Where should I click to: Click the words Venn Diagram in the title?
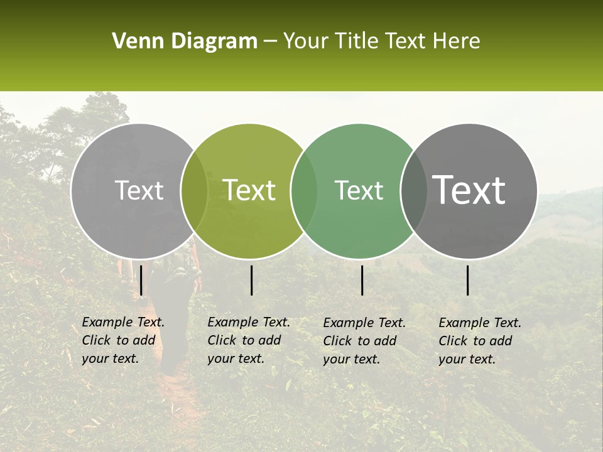(x=185, y=41)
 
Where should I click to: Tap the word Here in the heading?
(x=456, y=41)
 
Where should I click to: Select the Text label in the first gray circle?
(x=139, y=190)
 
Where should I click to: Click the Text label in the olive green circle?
(x=249, y=190)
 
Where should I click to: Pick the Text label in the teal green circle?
(x=359, y=190)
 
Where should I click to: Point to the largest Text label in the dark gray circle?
(x=469, y=190)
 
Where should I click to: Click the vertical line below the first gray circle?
(x=141, y=280)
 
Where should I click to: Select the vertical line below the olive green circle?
(x=251, y=280)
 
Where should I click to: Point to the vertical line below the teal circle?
(x=362, y=280)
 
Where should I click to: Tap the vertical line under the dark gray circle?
(x=468, y=280)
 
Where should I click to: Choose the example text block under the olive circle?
(x=249, y=340)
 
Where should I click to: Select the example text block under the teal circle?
(x=364, y=341)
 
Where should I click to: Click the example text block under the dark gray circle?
(x=480, y=341)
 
